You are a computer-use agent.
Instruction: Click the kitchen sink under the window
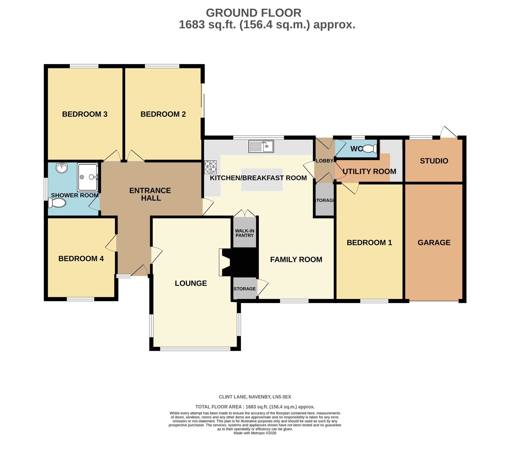pyautogui.click(x=261, y=146)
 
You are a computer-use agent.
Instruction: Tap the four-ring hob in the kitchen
pyautogui.click(x=210, y=167)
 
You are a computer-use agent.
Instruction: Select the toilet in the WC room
pyautogui.click(x=369, y=149)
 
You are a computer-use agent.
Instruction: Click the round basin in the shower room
pyautogui.click(x=62, y=168)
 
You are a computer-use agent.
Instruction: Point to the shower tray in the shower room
pyautogui.click(x=88, y=177)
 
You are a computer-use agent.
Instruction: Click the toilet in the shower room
pyautogui.click(x=57, y=203)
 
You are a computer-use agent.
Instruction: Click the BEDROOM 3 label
pyautogui.click(x=85, y=114)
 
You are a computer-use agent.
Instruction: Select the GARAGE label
pyautogui.click(x=434, y=243)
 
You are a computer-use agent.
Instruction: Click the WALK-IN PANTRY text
pyautogui.click(x=245, y=233)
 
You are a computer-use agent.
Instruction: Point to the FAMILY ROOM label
pyautogui.click(x=296, y=259)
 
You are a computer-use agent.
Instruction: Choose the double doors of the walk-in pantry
pyautogui.click(x=245, y=213)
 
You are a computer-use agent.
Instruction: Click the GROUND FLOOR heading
pyautogui.click(x=253, y=13)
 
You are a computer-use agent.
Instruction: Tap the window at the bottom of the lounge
pyautogui.click(x=195, y=349)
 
